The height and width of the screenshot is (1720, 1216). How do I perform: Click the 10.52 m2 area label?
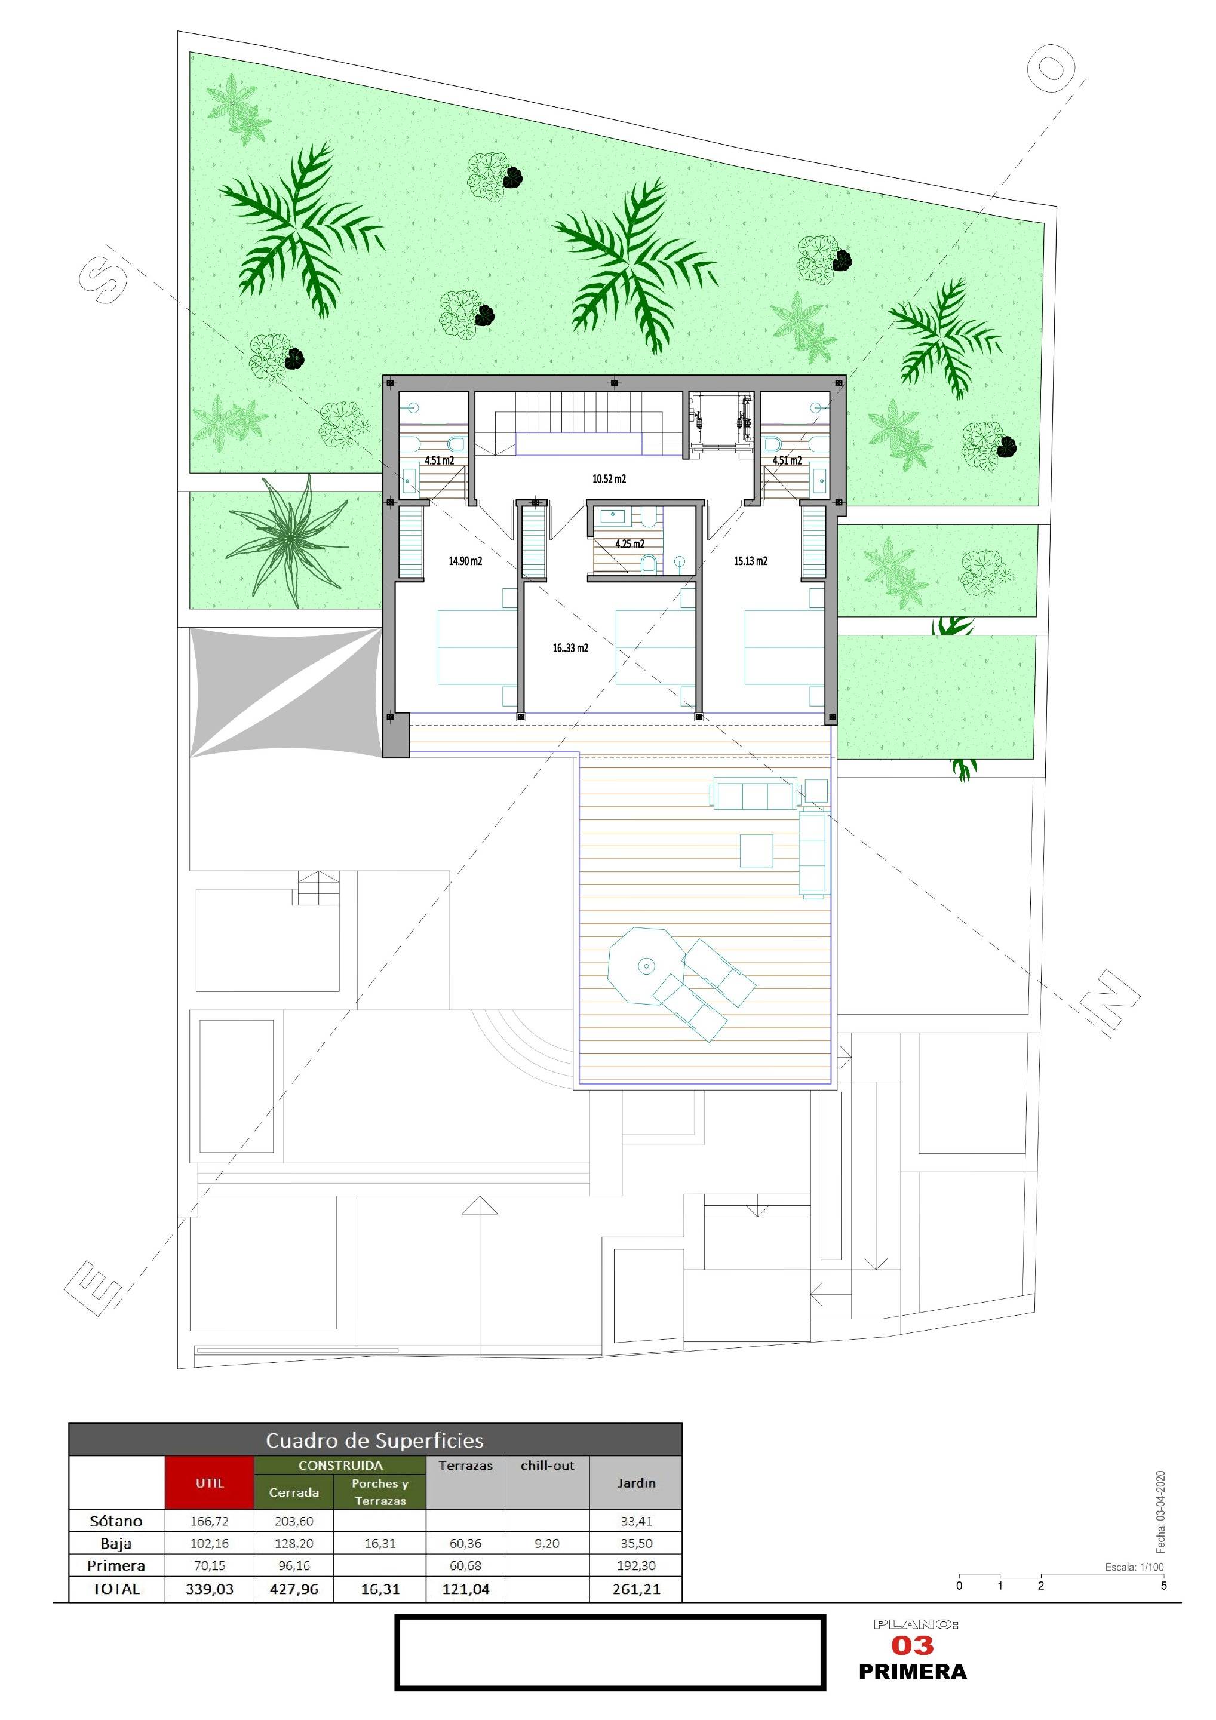point(609,479)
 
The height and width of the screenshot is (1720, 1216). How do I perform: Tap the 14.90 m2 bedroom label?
point(465,560)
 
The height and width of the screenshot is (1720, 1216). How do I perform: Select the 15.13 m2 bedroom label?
point(750,560)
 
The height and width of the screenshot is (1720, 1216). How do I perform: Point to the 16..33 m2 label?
point(570,648)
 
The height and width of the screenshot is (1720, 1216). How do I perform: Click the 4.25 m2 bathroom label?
point(630,544)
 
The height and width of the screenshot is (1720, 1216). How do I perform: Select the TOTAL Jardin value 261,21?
point(636,1588)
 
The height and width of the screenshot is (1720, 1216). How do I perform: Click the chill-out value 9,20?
point(547,1543)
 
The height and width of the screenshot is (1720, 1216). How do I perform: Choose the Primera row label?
point(116,1566)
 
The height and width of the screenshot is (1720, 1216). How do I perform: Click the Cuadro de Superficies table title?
point(374,1440)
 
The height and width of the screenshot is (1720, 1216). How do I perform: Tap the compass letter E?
point(93,1288)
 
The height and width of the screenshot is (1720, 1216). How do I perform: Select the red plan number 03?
point(912,1645)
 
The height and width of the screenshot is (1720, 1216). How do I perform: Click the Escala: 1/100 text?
point(1134,1567)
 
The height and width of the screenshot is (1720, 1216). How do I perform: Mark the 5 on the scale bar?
point(1163,1585)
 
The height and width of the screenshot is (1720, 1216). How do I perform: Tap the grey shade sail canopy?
point(285,693)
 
